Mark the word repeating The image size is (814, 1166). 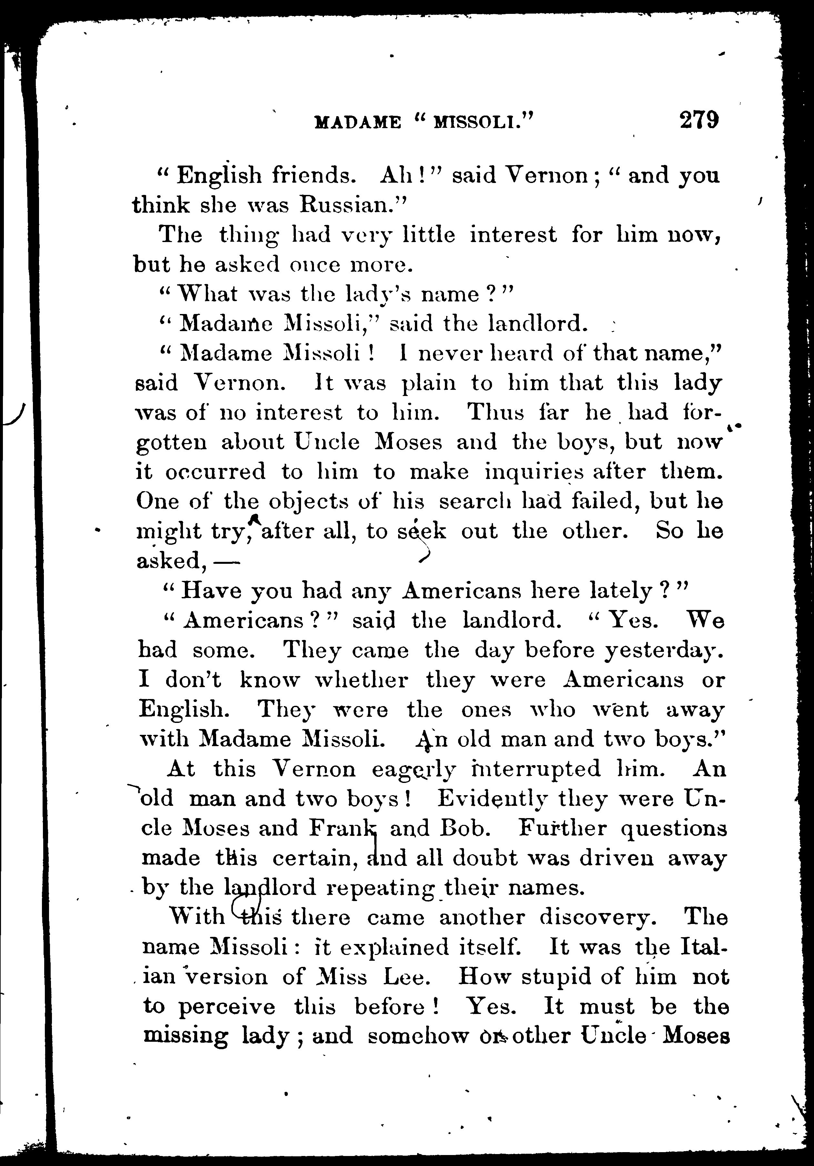[x=380, y=888]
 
